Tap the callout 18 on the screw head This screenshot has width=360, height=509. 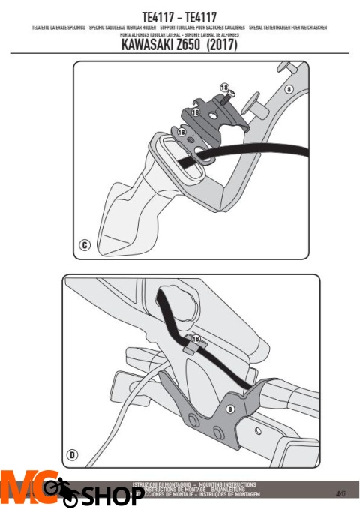click(224, 88)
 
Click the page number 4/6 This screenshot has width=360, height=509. click(341, 493)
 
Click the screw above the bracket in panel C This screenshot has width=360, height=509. click(230, 94)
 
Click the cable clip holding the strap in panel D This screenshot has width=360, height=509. click(190, 347)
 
